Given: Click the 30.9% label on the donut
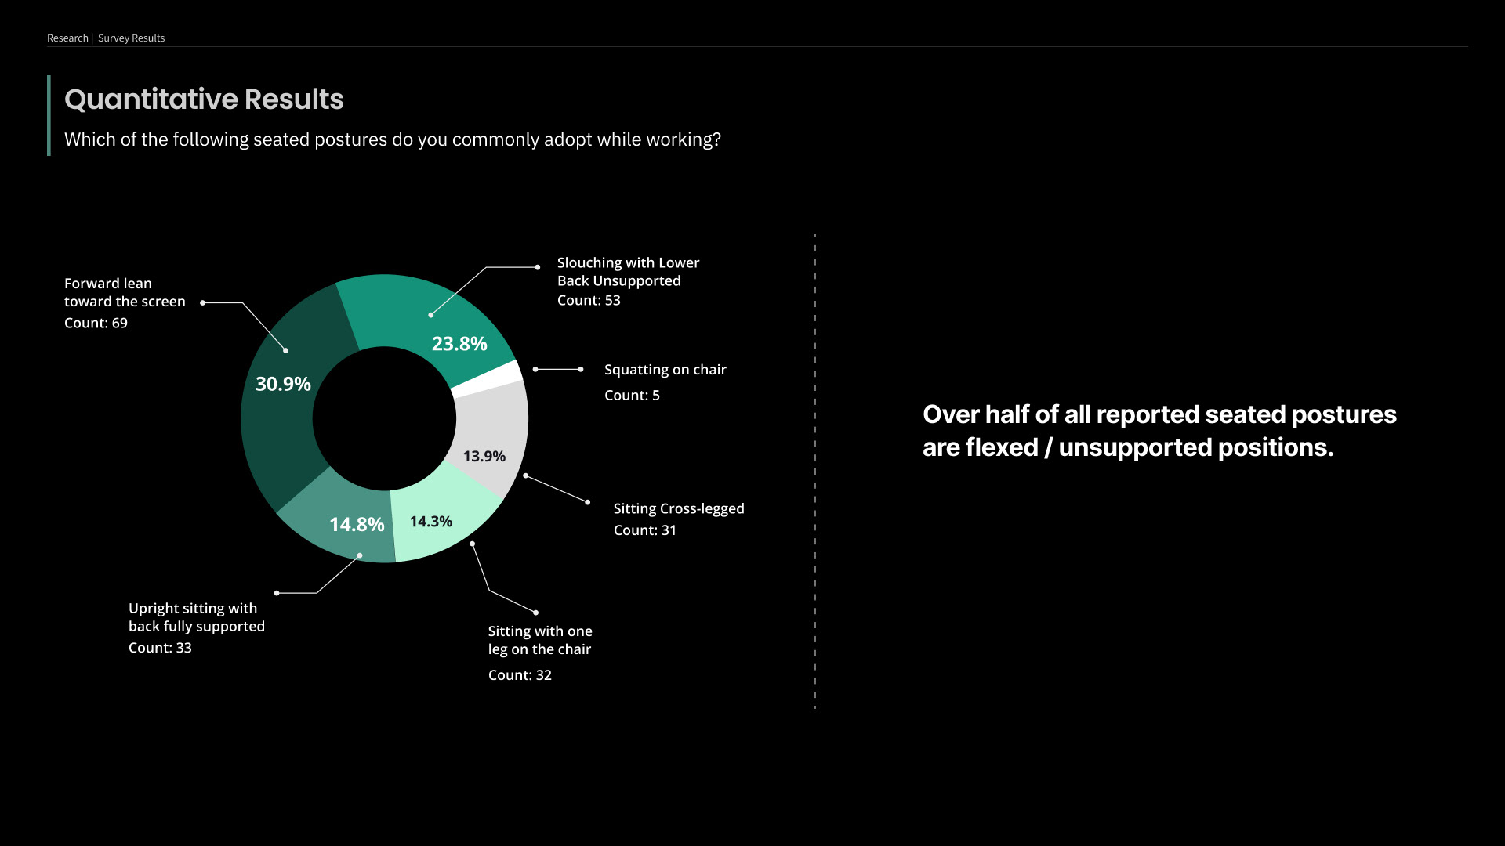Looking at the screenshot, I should coord(283,384).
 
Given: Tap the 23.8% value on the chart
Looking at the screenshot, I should coord(459,344).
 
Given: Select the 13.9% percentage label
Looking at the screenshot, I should coord(484,456).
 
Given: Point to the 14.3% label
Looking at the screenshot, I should coord(430,522).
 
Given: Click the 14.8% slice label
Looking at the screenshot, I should coord(357,525).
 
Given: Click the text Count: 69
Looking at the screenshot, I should coord(96,324).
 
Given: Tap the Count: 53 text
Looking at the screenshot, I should coord(589,301).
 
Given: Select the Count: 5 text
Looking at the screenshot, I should coord(632,396).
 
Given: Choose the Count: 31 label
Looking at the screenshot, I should coord(644,530).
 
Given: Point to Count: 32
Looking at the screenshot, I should coord(520,675).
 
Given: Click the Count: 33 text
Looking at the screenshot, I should coord(160,648).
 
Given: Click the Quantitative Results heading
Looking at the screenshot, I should coord(204,99).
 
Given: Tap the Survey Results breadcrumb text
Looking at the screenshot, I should coord(131,38).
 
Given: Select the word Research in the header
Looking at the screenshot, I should coord(67,38).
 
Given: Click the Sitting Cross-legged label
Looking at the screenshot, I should coord(679,509).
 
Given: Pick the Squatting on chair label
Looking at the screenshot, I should coord(665,370).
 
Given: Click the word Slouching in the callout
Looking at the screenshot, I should coord(589,263).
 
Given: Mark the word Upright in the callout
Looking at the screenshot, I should coord(154,609).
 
